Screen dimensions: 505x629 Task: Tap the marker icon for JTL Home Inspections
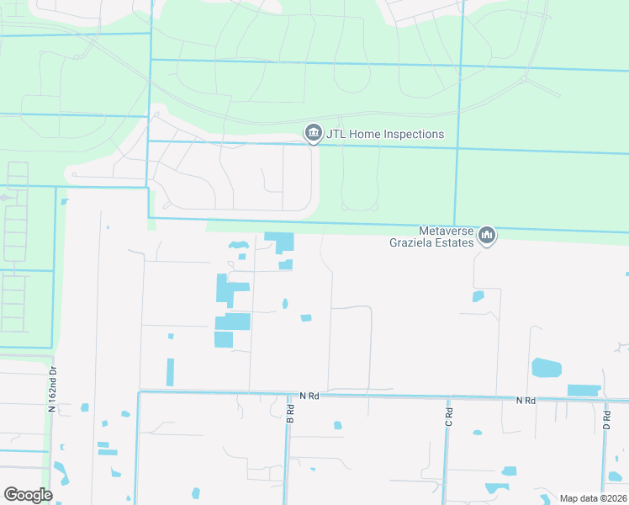[314, 132]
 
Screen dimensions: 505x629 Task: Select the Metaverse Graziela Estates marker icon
[487, 236]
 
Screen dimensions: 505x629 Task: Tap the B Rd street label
[290, 413]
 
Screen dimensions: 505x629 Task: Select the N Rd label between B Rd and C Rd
[309, 395]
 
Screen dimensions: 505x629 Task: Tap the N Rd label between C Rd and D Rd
[526, 401]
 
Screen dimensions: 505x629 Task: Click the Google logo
[28, 495]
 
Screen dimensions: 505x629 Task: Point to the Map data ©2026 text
[592, 498]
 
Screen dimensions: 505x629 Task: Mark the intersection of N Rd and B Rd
[287, 393]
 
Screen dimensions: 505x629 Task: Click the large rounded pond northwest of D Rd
[546, 368]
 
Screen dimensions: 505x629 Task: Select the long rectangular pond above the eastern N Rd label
[584, 391]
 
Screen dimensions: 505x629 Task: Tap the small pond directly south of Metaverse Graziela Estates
[478, 296]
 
